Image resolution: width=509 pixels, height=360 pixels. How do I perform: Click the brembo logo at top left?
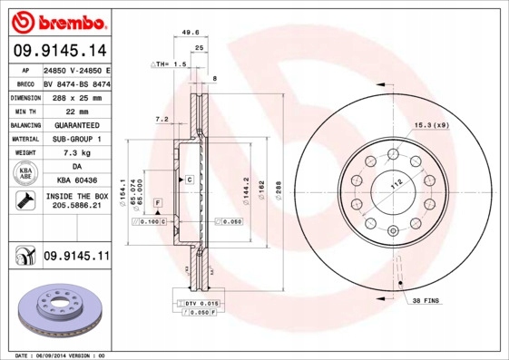click(x=57, y=20)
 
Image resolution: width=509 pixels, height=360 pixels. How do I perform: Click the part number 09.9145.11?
click(x=76, y=257)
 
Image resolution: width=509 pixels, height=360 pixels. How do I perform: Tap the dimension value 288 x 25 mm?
click(x=75, y=97)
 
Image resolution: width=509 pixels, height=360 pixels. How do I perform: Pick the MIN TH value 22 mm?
click(x=75, y=111)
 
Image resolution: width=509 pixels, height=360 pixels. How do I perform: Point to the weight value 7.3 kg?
click(x=75, y=153)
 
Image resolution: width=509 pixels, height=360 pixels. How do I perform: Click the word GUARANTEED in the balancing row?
click(x=75, y=125)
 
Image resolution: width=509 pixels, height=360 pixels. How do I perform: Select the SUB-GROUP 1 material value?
click(x=75, y=139)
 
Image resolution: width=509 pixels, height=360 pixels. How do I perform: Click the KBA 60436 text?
click(x=76, y=181)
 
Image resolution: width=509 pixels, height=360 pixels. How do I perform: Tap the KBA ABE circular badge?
click(x=24, y=174)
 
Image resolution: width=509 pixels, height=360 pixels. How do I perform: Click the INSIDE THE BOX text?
click(x=76, y=196)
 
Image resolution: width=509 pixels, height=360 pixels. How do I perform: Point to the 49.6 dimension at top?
click(x=190, y=33)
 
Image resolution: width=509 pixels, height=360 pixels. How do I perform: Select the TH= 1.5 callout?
click(x=170, y=65)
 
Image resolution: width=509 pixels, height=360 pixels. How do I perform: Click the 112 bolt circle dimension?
click(x=396, y=184)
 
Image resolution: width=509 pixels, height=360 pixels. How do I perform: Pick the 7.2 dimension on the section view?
click(x=162, y=119)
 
